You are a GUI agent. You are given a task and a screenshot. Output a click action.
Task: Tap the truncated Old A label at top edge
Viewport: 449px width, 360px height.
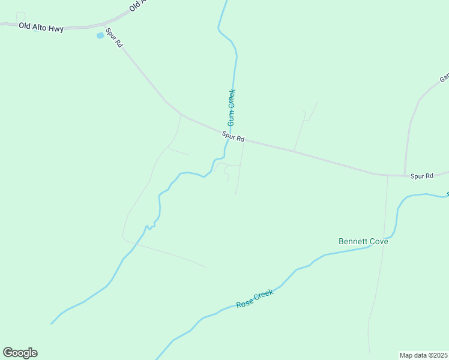coord(138,6)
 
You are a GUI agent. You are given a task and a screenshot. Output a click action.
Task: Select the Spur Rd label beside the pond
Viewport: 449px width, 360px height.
coord(114,38)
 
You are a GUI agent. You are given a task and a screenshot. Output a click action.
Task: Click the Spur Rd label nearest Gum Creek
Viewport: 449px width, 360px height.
coord(233,137)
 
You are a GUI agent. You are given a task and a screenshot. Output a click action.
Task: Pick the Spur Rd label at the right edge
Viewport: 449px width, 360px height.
coord(421,176)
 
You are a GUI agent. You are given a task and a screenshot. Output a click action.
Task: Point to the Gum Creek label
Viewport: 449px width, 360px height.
coord(231,107)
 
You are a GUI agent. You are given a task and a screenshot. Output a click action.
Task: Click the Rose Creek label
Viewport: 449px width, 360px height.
coord(255,298)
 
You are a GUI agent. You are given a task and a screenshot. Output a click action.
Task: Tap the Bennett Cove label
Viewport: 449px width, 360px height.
coord(363,241)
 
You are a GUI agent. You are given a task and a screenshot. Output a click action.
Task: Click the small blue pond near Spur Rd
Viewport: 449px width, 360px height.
coord(100,35)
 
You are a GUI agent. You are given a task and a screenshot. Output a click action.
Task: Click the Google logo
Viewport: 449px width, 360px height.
coord(20,353)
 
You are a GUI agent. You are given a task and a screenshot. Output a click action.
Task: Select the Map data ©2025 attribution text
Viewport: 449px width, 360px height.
coord(424,355)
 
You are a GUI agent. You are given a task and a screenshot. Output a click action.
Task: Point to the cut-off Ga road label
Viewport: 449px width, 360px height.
coord(445,78)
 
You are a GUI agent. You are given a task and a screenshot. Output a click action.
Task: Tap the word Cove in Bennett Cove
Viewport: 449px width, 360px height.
coord(378,241)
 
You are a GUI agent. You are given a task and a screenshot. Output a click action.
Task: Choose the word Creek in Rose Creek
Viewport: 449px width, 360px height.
coord(264,295)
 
